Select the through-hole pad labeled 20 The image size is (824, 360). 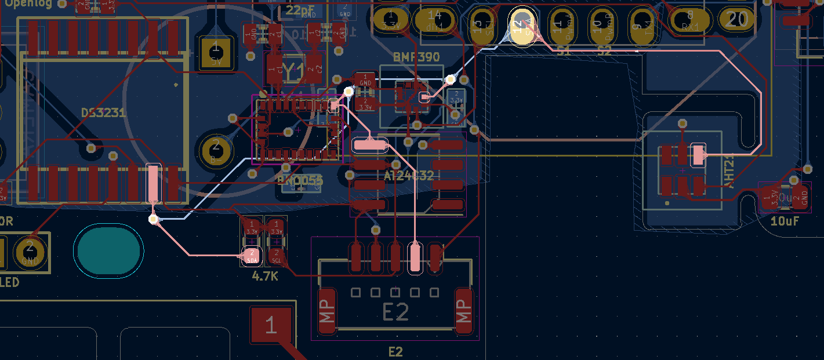tap(736, 20)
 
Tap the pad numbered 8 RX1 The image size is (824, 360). tap(689, 20)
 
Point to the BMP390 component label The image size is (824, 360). tap(416, 57)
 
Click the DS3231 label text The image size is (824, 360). tap(103, 112)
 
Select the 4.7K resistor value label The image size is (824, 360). tap(265, 277)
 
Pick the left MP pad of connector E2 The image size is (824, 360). tap(327, 311)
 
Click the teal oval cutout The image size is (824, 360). tap(108, 250)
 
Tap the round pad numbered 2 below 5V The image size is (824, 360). tap(216, 150)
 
